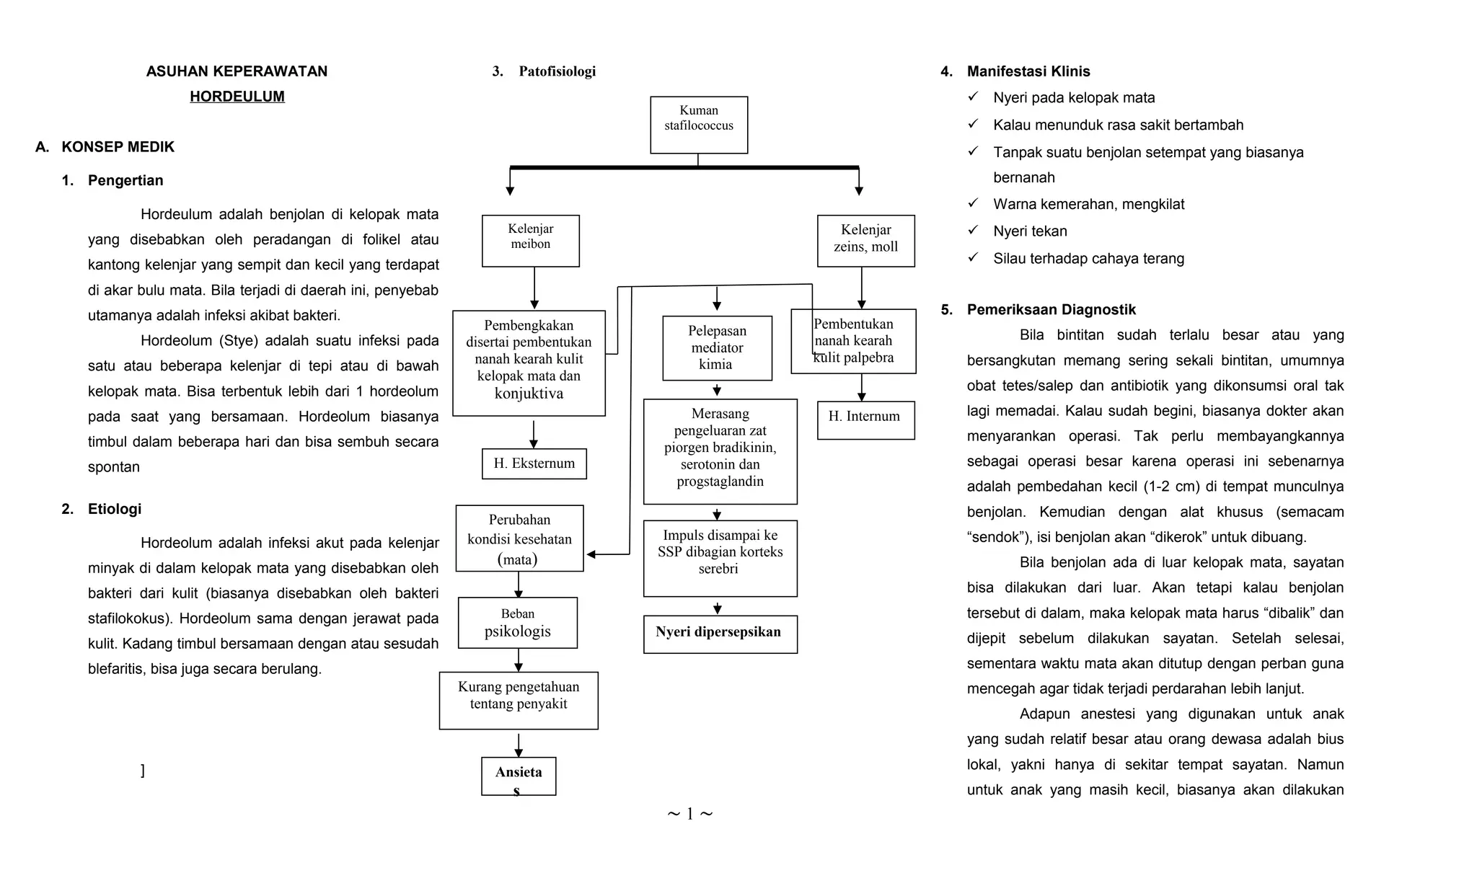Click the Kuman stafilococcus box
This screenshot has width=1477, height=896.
click(x=698, y=125)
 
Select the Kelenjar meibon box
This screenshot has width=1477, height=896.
click(x=530, y=241)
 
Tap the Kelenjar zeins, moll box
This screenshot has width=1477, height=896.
click(x=865, y=241)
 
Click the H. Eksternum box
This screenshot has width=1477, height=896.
click(x=534, y=463)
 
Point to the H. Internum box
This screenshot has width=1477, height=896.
click(x=865, y=420)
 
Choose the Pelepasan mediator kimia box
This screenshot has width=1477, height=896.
click(x=717, y=347)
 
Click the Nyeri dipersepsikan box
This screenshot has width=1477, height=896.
click(x=720, y=634)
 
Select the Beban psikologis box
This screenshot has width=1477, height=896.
click(x=517, y=623)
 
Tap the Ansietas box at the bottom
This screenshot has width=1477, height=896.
click(x=518, y=776)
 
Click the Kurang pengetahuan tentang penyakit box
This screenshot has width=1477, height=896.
click(x=518, y=700)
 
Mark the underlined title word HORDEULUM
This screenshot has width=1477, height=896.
click(x=237, y=97)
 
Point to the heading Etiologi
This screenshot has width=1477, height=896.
click(x=114, y=509)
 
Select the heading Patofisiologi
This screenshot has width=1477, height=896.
click(x=557, y=71)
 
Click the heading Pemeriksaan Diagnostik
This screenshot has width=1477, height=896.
click(x=1051, y=310)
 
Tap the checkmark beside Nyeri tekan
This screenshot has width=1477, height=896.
click(x=973, y=230)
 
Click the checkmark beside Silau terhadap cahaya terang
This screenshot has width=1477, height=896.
click(x=973, y=257)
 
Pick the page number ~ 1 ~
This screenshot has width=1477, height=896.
click(x=689, y=814)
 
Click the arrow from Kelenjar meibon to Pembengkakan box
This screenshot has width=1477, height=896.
click(x=534, y=288)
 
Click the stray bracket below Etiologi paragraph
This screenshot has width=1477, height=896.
click(x=143, y=771)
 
